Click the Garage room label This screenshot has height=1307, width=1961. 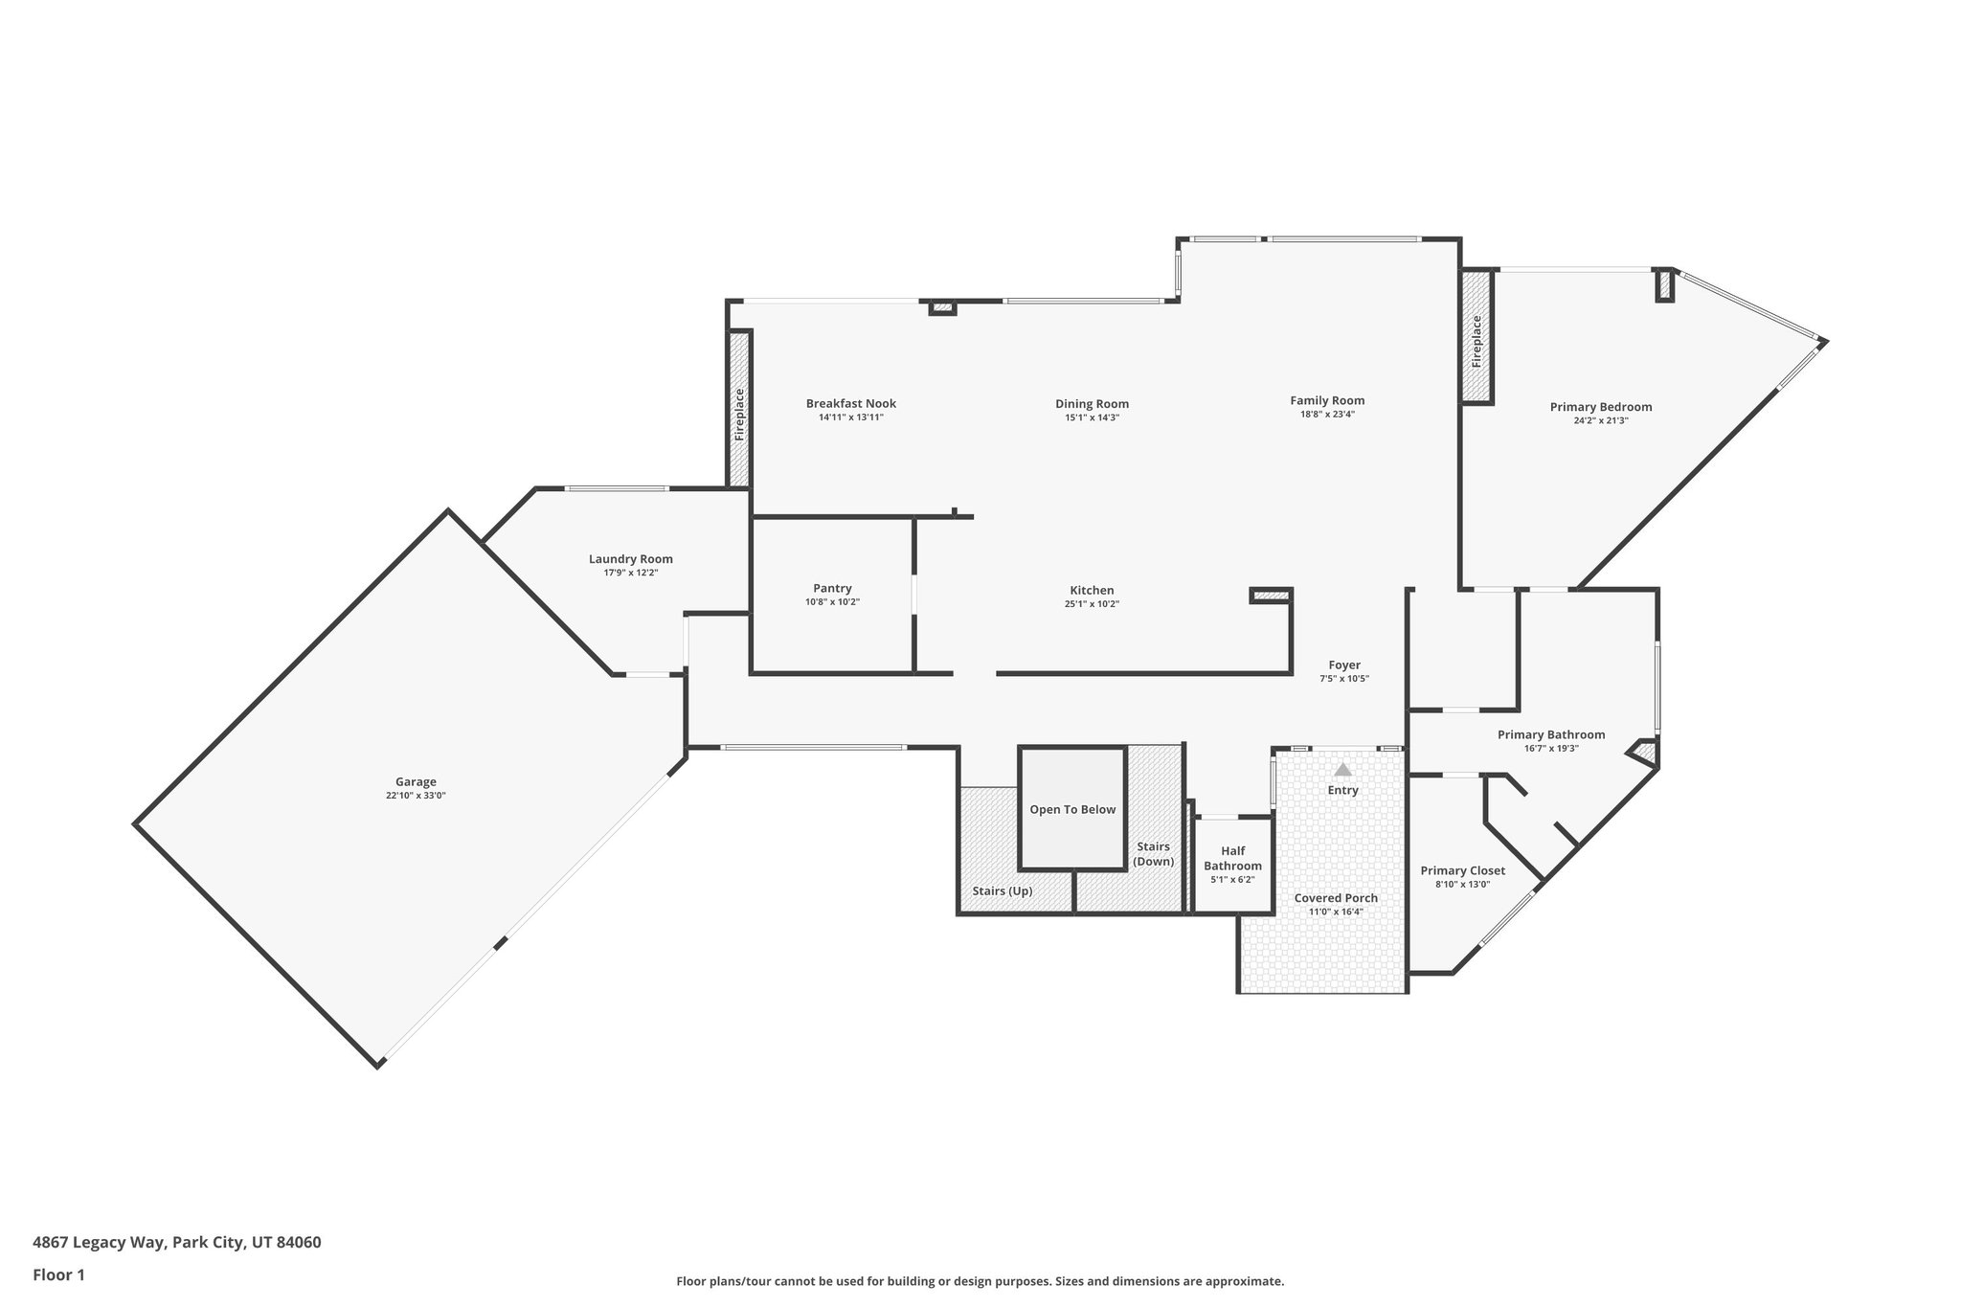[416, 781]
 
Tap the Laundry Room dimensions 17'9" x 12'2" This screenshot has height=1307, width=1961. [630, 573]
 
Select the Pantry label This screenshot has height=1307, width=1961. [832, 588]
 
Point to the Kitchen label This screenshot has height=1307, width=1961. [1092, 590]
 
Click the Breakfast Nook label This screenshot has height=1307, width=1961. [850, 403]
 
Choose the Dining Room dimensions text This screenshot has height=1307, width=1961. [1092, 417]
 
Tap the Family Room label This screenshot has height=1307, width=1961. [1326, 400]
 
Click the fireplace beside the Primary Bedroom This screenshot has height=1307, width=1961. [1476, 337]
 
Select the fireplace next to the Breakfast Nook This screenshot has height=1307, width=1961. [738, 410]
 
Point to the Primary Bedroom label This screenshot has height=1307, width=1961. [1600, 406]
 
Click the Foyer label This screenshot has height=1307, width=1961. [1343, 665]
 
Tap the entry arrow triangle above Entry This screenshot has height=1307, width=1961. [1342, 769]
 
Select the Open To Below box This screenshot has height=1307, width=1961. [1071, 809]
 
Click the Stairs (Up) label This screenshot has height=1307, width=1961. [1002, 890]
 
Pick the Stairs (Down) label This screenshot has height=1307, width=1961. [1153, 853]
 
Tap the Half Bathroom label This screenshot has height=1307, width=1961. [1232, 858]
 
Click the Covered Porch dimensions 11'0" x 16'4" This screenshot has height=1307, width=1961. [1336, 912]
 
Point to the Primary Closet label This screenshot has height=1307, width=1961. [1462, 870]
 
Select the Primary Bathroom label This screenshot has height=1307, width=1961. [1550, 734]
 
